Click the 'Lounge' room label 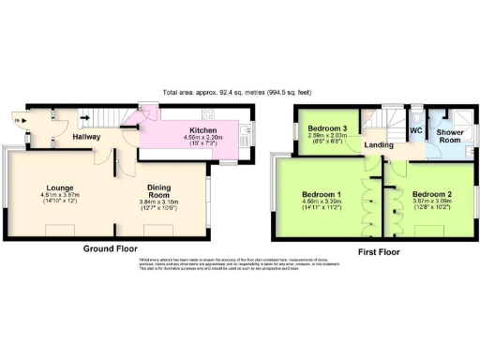[x=55, y=187]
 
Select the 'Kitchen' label [x=203, y=130]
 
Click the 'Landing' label [x=379, y=145]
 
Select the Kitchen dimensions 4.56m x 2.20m [x=203, y=138]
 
